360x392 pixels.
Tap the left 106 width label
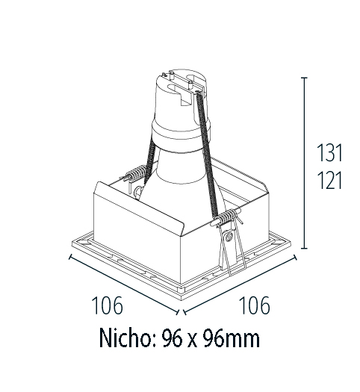point(107,305)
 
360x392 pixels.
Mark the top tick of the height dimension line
point(305,77)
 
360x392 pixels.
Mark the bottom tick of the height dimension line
point(305,247)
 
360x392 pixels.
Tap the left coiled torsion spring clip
point(134,176)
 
